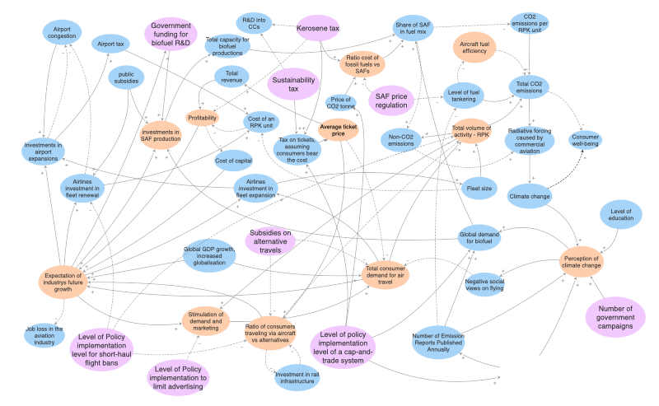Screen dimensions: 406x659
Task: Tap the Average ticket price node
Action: (x=339, y=129)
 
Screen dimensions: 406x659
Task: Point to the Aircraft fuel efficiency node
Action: (x=474, y=49)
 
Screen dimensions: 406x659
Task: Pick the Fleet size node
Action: (x=479, y=189)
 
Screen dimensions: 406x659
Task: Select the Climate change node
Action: (x=529, y=197)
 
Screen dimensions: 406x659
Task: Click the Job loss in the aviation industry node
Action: (x=44, y=334)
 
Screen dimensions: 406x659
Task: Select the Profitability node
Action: (x=203, y=119)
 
